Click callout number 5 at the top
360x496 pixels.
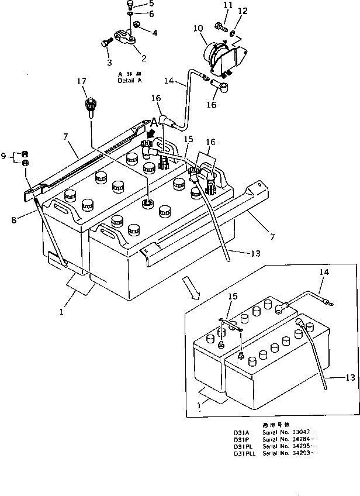136,4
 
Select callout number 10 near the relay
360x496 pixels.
198,27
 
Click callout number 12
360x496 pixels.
244,11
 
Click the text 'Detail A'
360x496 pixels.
129,81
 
